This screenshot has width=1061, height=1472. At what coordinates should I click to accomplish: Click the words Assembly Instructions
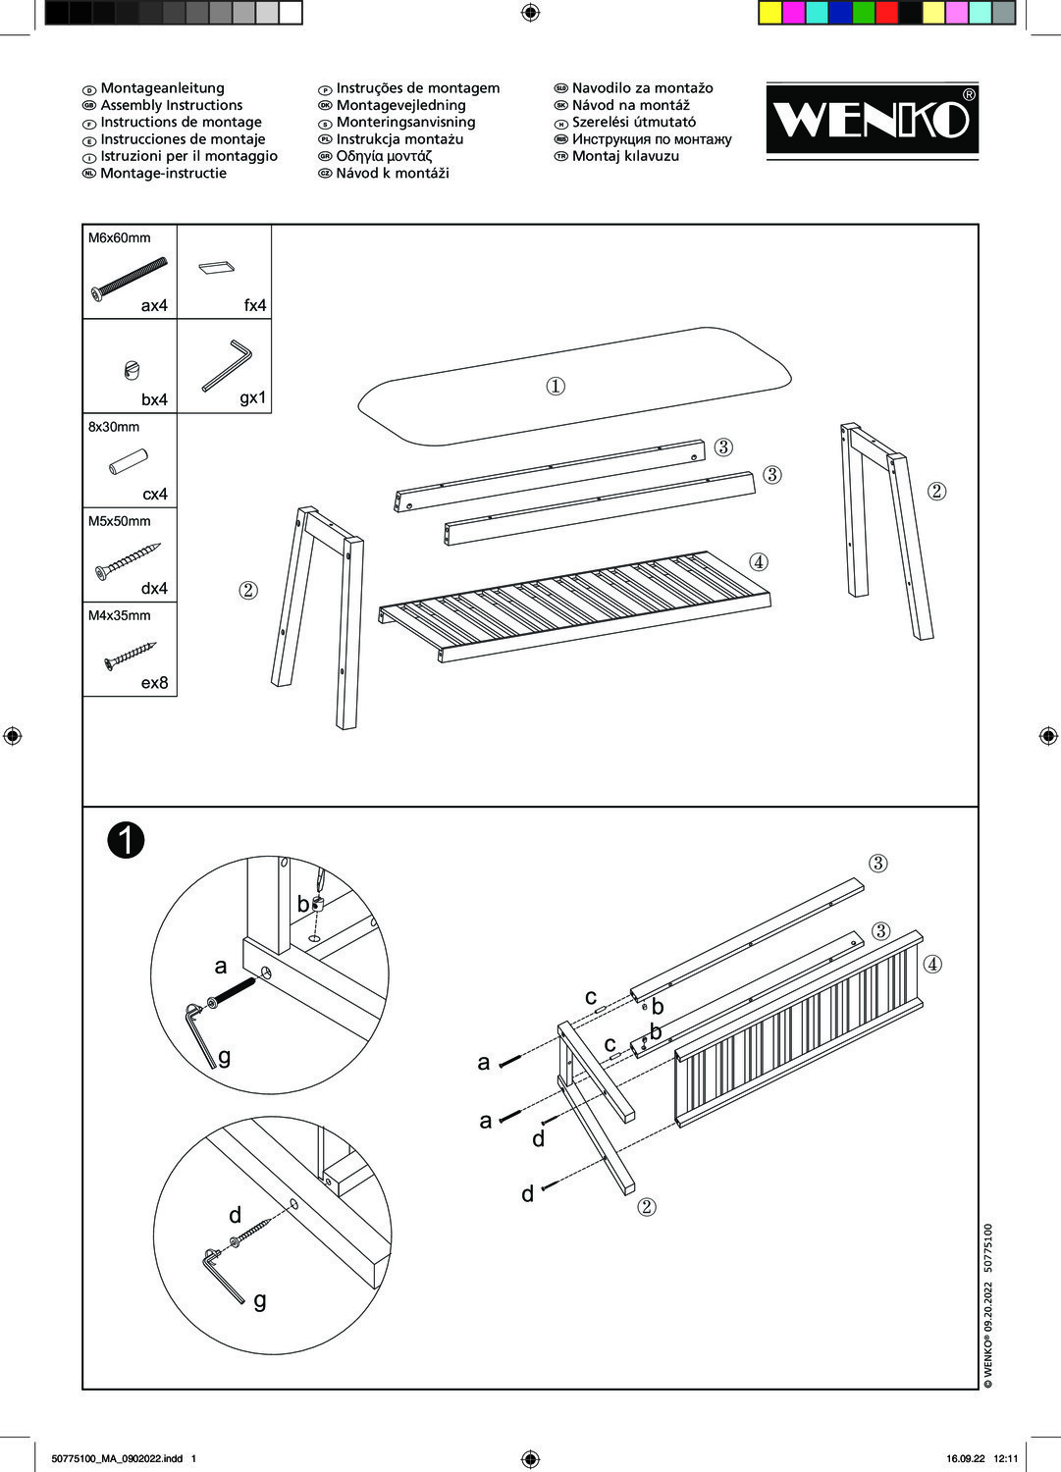tap(171, 105)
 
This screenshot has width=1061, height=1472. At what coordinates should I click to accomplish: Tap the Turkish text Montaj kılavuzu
tap(625, 156)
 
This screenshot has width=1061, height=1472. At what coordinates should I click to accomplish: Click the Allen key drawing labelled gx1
tap(227, 365)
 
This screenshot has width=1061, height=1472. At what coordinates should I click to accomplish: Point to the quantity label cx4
tap(155, 494)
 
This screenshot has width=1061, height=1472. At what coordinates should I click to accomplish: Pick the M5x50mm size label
tap(120, 521)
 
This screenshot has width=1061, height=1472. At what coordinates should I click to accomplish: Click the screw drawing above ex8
tap(130, 656)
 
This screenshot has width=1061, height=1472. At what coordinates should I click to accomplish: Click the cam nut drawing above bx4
tap(133, 369)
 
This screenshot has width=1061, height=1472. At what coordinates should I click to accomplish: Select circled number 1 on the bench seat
tap(556, 386)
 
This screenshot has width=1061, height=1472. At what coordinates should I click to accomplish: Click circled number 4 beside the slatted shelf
tap(758, 562)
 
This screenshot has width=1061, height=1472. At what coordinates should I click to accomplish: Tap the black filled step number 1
tap(127, 840)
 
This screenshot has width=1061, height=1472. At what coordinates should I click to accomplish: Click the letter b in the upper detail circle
tap(303, 904)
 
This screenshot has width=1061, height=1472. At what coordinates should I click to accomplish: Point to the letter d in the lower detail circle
tap(235, 1215)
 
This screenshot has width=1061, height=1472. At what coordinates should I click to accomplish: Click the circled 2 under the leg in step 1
tap(646, 1207)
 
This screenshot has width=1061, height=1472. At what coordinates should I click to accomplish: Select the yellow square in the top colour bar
tap(770, 13)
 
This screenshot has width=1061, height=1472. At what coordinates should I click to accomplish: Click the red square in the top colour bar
tap(886, 13)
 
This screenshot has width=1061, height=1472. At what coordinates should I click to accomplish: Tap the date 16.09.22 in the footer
tap(965, 1458)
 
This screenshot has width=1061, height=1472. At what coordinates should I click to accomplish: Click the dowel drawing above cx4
tap(128, 461)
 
